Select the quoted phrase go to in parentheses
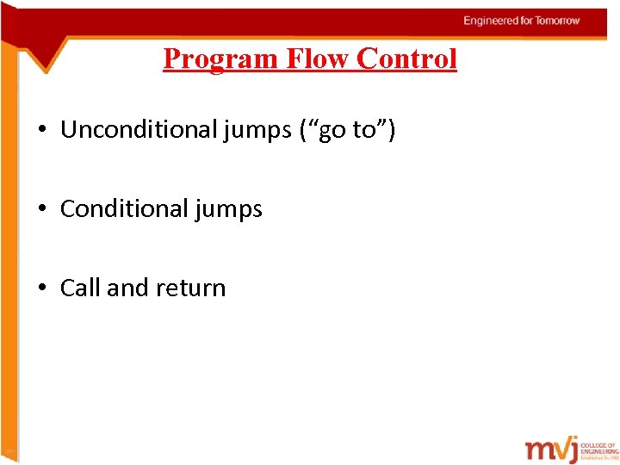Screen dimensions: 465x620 coord(350,130)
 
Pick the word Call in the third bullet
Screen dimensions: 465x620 coord(80,288)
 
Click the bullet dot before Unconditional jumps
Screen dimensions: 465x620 coord(42,131)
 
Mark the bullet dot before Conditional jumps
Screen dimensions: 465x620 coord(42,209)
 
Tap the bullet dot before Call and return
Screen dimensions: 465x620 coord(42,288)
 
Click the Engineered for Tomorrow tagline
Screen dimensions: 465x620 coord(522,21)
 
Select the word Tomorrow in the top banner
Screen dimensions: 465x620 coord(557,21)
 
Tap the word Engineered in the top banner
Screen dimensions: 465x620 coord(489,21)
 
